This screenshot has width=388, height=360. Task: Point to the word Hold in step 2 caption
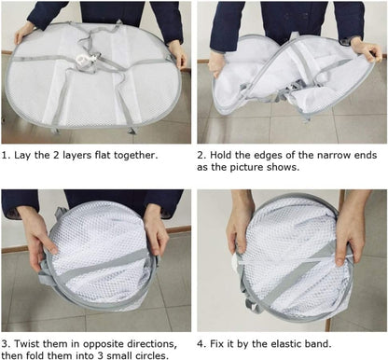point(227,152)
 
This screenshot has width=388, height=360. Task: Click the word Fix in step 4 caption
point(223,340)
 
